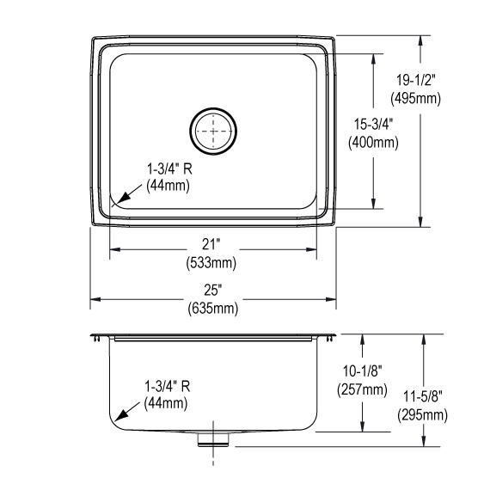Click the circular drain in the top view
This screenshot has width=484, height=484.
tap(213, 131)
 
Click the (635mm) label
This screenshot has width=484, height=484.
tap(212, 308)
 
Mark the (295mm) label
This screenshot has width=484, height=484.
tap(421, 415)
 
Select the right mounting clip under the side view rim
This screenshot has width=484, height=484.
tap(330, 340)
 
